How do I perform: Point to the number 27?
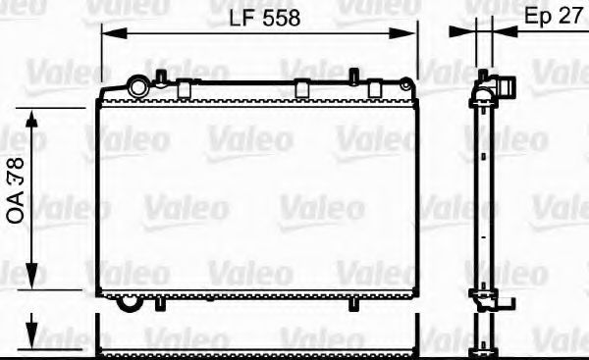point(570,17)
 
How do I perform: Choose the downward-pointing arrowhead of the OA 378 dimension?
point(32,281)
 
